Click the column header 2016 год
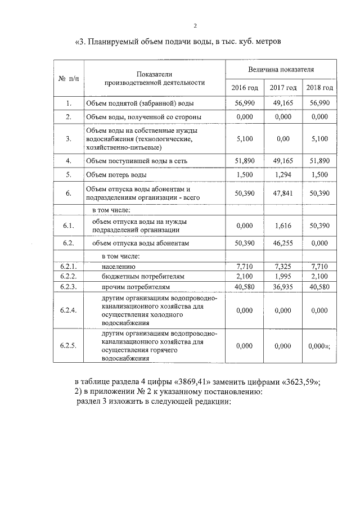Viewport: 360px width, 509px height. coord(245,88)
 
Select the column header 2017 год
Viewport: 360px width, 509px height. coord(283,88)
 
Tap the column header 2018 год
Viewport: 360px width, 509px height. coord(319,88)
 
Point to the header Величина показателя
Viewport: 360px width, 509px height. coord(281,69)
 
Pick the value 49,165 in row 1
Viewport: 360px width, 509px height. coord(283,103)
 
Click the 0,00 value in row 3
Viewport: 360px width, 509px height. coord(283,139)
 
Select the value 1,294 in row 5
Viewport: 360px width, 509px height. coord(283,175)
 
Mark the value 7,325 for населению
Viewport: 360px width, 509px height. coord(283,267)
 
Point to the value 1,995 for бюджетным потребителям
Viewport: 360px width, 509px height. coord(283,277)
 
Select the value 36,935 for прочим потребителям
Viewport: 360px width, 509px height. coord(283,287)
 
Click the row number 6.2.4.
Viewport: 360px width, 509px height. coord(69,310)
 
